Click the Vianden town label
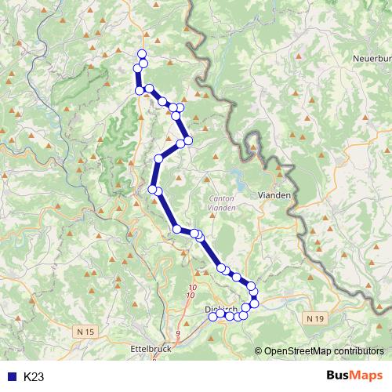pyautogui.click(x=274, y=193)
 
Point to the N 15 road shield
pyautogui.click(x=85, y=332)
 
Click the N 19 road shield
pyautogui.click(x=315, y=318)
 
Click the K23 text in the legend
pyautogui.click(x=34, y=377)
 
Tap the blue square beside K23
pyautogui.click(x=9, y=377)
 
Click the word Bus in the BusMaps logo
pyautogui.click(x=339, y=376)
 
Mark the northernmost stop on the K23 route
pyautogui.click(x=142, y=54)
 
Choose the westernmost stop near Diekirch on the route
pyautogui.click(x=212, y=316)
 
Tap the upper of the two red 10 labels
pyautogui.click(x=191, y=288)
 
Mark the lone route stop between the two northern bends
pyautogui.click(x=158, y=159)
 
